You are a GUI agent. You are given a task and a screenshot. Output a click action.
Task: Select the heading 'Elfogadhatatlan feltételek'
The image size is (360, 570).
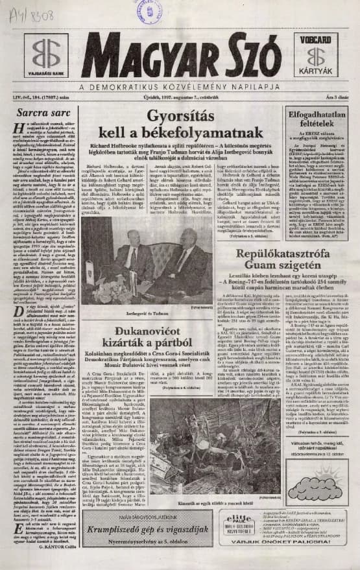tap(318, 119)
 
